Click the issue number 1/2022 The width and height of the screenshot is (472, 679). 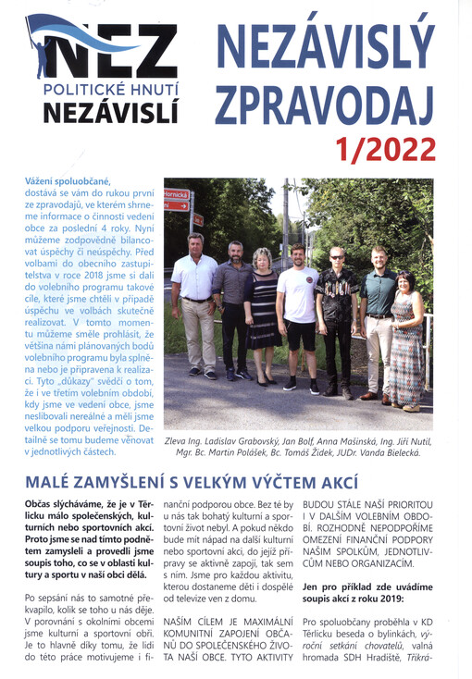(x=387, y=147)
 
